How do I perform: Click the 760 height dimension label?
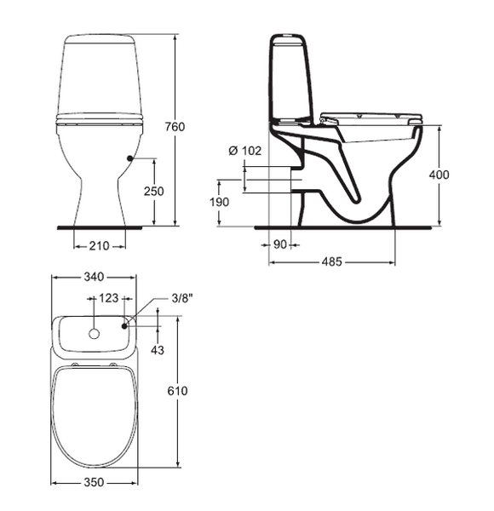pyautogui.click(x=175, y=126)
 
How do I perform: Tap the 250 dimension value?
pyautogui.click(x=154, y=192)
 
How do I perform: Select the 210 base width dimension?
pyautogui.click(x=100, y=246)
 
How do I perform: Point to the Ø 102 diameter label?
pyautogui.click(x=245, y=151)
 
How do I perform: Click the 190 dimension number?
pyautogui.click(x=219, y=203)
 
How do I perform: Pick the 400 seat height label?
pyautogui.click(x=439, y=175)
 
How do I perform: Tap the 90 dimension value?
pyautogui.click(x=279, y=244)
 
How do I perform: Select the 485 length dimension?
pyautogui.click(x=332, y=261)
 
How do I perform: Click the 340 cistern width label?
pyautogui.click(x=94, y=277)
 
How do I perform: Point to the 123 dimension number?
pyautogui.click(x=108, y=298)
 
